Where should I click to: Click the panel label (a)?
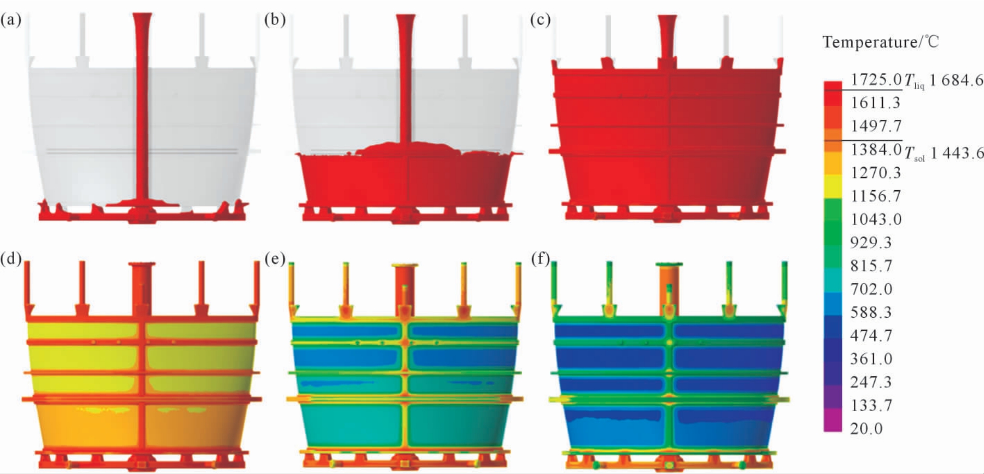point(11,20)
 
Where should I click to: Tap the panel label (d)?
point(11,258)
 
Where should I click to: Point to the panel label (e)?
point(275,258)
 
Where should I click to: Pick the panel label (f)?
point(540,258)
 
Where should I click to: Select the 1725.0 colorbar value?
point(876,79)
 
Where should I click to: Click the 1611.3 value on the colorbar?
point(875,103)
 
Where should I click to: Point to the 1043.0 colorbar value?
point(876,219)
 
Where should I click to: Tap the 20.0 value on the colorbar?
point(866,428)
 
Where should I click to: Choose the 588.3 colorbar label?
point(871,312)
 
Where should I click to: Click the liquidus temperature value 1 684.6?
point(956,80)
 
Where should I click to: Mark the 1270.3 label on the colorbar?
point(875,172)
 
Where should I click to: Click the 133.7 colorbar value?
point(871,405)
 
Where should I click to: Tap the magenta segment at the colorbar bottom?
point(832,420)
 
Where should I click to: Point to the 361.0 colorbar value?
point(871,358)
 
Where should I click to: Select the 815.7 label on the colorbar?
point(871,266)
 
